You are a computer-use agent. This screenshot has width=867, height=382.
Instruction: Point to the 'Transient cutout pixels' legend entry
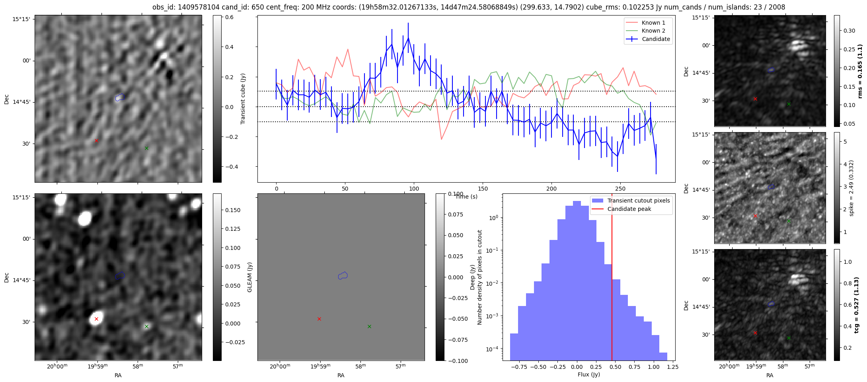click(x=638, y=201)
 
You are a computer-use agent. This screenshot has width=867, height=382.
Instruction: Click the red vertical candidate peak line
click(x=612, y=279)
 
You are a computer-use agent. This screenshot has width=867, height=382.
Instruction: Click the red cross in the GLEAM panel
click(x=319, y=319)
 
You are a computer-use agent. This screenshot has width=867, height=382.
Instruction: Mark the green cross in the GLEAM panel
click(x=369, y=326)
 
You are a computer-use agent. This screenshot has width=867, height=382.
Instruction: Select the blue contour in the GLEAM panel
click(x=343, y=275)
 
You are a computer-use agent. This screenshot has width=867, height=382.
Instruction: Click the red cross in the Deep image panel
click(x=96, y=319)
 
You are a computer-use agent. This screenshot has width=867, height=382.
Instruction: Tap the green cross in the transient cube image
click(x=146, y=148)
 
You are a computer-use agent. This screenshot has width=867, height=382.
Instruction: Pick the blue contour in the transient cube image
click(x=120, y=97)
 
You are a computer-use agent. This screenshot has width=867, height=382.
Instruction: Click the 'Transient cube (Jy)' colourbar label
click(x=243, y=99)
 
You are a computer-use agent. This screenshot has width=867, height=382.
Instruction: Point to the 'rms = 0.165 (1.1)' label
click(x=860, y=71)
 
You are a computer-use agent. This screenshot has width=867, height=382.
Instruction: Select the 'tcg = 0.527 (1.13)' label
click(x=857, y=305)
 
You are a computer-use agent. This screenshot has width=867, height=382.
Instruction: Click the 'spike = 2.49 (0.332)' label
click(x=851, y=188)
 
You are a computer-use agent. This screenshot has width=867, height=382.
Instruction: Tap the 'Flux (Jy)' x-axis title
click(x=588, y=374)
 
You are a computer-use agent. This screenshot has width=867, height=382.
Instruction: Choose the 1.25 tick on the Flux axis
click(x=672, y=367)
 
